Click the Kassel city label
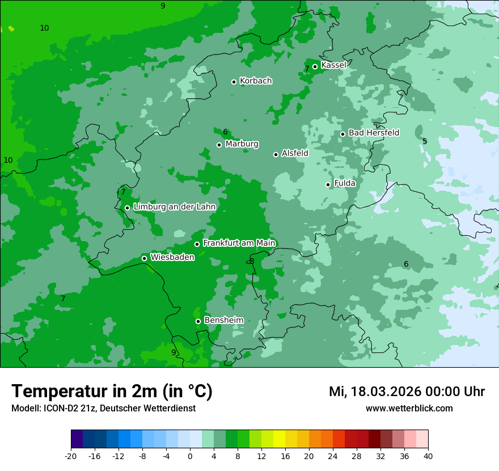(333, 65)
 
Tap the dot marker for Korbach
(234, 82)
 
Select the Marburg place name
(242, 144)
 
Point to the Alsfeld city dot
(276, 154)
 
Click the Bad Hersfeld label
(374, 133)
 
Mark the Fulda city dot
(328, 184)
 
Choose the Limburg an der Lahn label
(174, 207)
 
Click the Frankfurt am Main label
(239, 243)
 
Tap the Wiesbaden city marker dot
(144, 258)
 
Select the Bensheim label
(223, 321)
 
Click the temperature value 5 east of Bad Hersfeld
(425, 141)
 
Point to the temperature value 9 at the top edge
(163, 6)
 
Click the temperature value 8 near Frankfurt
(252, 261)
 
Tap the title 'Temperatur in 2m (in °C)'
(112, 391)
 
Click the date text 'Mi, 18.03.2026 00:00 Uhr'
(407, 392)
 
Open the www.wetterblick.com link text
(409, 409)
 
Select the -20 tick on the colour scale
(71, 456)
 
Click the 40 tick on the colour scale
(428, 456)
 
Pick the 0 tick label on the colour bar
(190, 456)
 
